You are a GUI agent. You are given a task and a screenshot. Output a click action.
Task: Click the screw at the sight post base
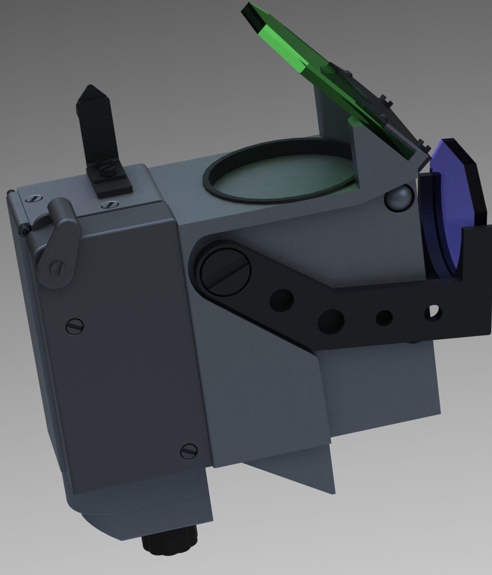point(104,169)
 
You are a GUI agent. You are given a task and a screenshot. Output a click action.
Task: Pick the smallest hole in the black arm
point(384,318)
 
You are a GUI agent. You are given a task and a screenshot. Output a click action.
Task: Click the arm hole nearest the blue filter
point(432,312)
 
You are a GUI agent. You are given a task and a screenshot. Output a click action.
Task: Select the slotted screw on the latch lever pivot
point(58,267)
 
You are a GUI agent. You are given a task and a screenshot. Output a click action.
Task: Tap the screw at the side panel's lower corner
point(188,450)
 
